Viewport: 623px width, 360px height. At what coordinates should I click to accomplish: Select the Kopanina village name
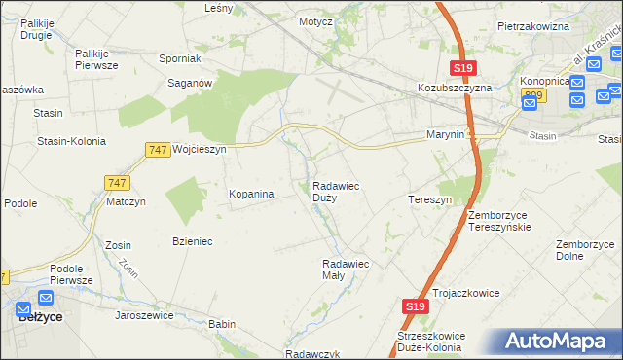(251, 195)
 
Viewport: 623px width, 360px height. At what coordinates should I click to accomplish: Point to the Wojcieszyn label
(199, 150)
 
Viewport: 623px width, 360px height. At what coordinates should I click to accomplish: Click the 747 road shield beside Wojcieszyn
(158, 149)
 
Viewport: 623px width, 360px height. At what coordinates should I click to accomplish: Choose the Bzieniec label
(193, 241)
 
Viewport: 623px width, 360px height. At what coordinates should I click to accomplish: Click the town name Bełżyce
(42, 317)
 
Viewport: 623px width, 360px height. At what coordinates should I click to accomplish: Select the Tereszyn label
(429, 199)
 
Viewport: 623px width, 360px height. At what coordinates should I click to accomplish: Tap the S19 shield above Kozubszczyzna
(462, 67)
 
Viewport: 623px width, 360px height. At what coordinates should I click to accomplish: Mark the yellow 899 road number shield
(531, 94)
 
